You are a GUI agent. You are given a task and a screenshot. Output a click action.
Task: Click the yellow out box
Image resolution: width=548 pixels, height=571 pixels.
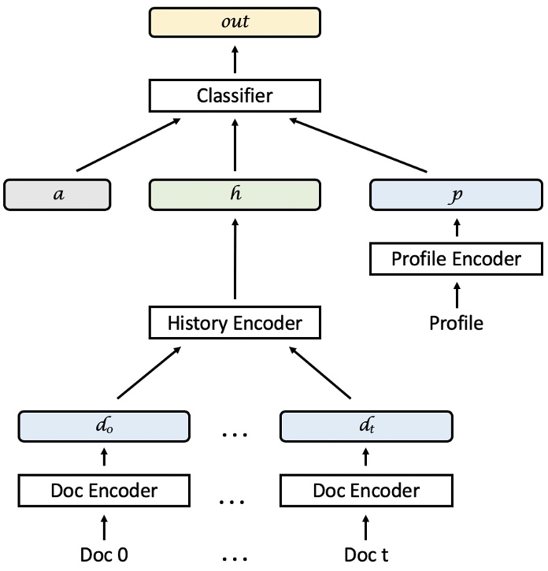tap(235, 21)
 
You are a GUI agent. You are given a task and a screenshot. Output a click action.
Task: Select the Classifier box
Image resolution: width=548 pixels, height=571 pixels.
tap(235, 97)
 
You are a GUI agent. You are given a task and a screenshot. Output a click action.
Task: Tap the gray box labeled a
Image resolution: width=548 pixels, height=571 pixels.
tap(57, 195)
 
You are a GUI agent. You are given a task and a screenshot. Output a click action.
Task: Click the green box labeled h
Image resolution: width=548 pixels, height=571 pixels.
tap(235, 195)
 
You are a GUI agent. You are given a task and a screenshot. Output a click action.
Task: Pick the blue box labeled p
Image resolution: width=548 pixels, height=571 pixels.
tap(457, 195)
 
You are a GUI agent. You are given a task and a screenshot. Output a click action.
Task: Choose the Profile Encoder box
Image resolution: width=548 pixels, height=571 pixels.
tap(457, 259)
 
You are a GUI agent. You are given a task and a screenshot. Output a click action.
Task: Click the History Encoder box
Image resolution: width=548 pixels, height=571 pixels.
tap(235, 322)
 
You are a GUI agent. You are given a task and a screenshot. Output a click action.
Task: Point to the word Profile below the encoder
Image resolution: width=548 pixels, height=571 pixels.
tap(457, 322)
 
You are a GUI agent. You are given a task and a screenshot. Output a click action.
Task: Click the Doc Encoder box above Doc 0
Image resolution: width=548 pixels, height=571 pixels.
tap(105, 491)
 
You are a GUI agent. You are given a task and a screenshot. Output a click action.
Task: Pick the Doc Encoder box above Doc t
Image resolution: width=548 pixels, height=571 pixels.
tap(366, 491)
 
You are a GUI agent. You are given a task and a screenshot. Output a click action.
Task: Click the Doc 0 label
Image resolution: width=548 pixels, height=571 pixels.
tap(105, 554)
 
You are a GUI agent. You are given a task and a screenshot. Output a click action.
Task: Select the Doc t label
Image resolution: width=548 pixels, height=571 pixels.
tap(366, 554)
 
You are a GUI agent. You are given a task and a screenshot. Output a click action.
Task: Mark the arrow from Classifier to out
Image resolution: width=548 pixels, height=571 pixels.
tap(235, 59)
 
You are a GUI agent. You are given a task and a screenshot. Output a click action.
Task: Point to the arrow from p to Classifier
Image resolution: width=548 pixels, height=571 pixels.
tap(357, 146)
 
